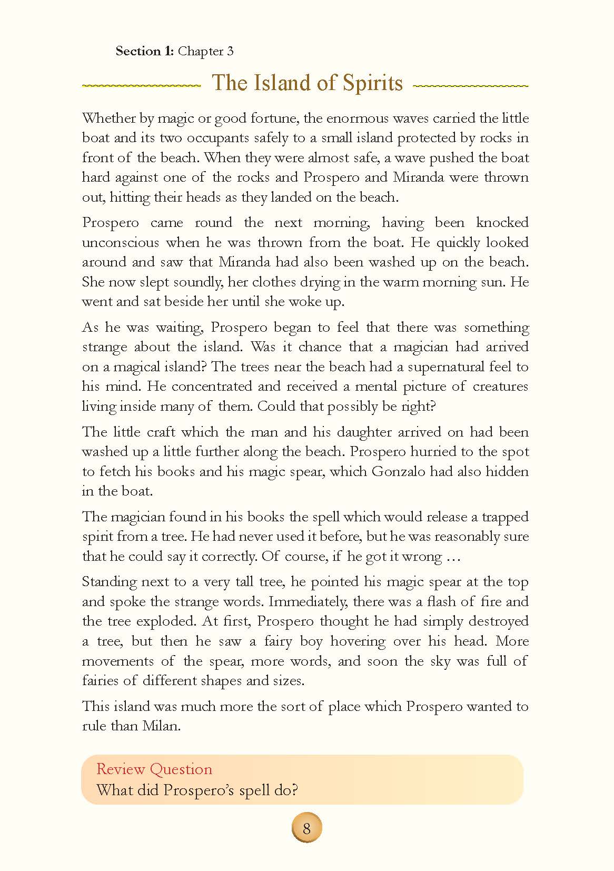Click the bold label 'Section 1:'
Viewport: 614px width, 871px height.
point(145,51)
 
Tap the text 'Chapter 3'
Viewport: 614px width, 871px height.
point(206,51)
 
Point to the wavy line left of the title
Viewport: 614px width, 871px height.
point(142,85)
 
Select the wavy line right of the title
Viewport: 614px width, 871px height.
point(471,85)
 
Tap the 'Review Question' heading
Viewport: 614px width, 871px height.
point(154,769)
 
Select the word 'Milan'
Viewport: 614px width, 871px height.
point(162,726)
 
